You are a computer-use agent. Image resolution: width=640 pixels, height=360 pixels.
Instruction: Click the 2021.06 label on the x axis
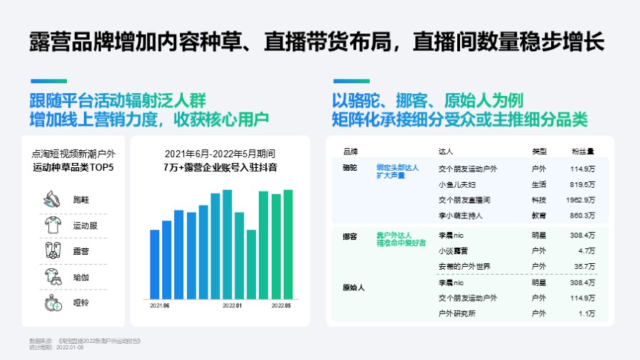(x=159, y=306)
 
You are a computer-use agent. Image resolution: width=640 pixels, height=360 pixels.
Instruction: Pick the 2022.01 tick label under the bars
(x=233, y=306)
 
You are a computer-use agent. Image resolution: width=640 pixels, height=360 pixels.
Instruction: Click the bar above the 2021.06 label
(x=154, y=264)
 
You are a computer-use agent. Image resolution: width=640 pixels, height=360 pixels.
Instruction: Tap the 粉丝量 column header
(x=582, y=152)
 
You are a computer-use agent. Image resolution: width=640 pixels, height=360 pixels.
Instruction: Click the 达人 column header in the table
(x=447, y=152)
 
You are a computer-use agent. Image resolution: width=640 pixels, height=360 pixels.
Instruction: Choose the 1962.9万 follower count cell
(x=580, y=199)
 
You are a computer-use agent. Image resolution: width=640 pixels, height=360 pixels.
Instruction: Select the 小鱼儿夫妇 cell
(x=458, y=184)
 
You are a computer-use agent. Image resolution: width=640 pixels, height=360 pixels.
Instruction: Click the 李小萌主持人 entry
(x=462, y=215)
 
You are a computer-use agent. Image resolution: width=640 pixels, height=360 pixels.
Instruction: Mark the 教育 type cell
(x=539, y=215)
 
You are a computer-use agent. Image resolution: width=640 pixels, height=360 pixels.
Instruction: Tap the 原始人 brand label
(x=353, y=288)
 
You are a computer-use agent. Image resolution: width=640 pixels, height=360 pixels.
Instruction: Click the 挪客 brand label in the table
(x=350, y=235)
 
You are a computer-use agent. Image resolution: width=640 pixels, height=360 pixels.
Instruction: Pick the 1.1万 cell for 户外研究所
(x=587, y=313)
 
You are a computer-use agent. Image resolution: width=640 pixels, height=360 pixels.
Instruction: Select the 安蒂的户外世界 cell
(x=464, y=266)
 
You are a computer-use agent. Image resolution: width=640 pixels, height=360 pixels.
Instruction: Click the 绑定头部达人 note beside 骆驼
(x=398, y=168)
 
